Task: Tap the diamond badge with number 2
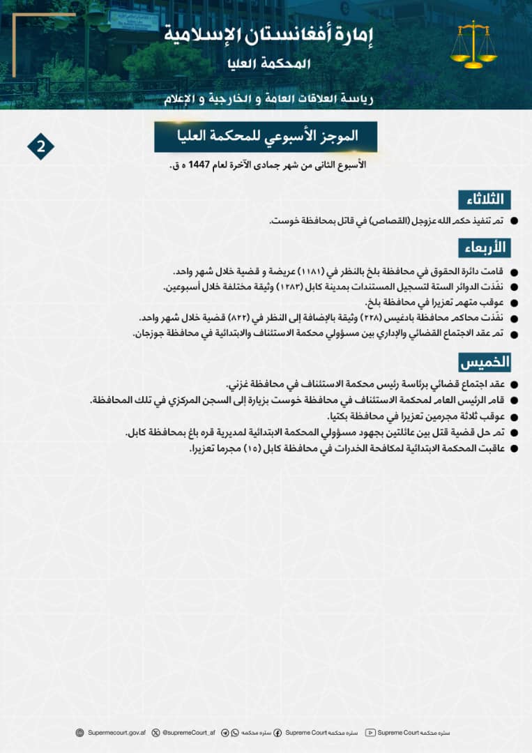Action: tap(40, 146)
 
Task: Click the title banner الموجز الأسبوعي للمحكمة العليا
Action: tap(266, 137)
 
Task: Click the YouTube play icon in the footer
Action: tap(370, 733)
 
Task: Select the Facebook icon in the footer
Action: tap(278, 733)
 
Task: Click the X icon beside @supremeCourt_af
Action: tap(155, 733)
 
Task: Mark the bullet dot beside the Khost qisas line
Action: tap(515, 221)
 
